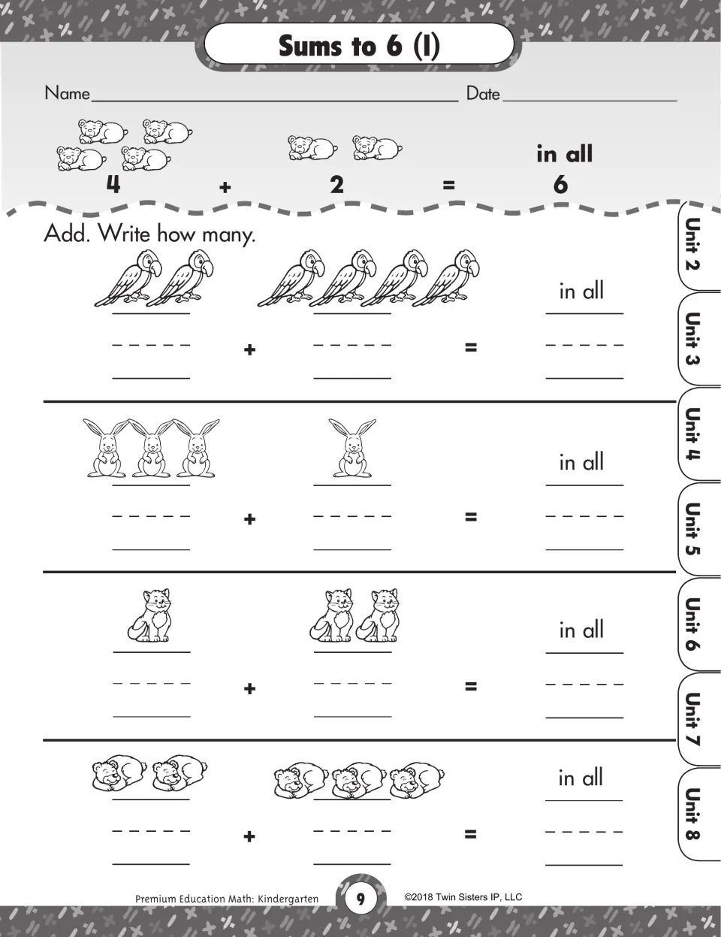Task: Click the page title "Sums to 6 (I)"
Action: point(359,46)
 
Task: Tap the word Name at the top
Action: point(68,93)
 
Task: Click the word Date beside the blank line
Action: point(483,94)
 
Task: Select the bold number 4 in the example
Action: point(113,185)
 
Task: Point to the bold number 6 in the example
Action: point(560,185)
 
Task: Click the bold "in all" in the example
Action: point(565,153)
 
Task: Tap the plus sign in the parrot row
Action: point(249,349)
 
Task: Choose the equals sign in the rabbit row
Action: point(471,516)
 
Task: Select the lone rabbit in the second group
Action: point(352,448)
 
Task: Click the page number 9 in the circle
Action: point(360,899)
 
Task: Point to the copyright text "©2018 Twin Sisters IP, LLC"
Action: point(463,897)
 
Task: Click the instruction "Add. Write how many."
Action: point(149,234)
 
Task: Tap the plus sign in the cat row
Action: point(249,688)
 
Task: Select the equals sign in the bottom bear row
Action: point(471,834)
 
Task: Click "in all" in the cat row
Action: point(581,630)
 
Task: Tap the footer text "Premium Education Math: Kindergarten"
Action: point(227,899)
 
